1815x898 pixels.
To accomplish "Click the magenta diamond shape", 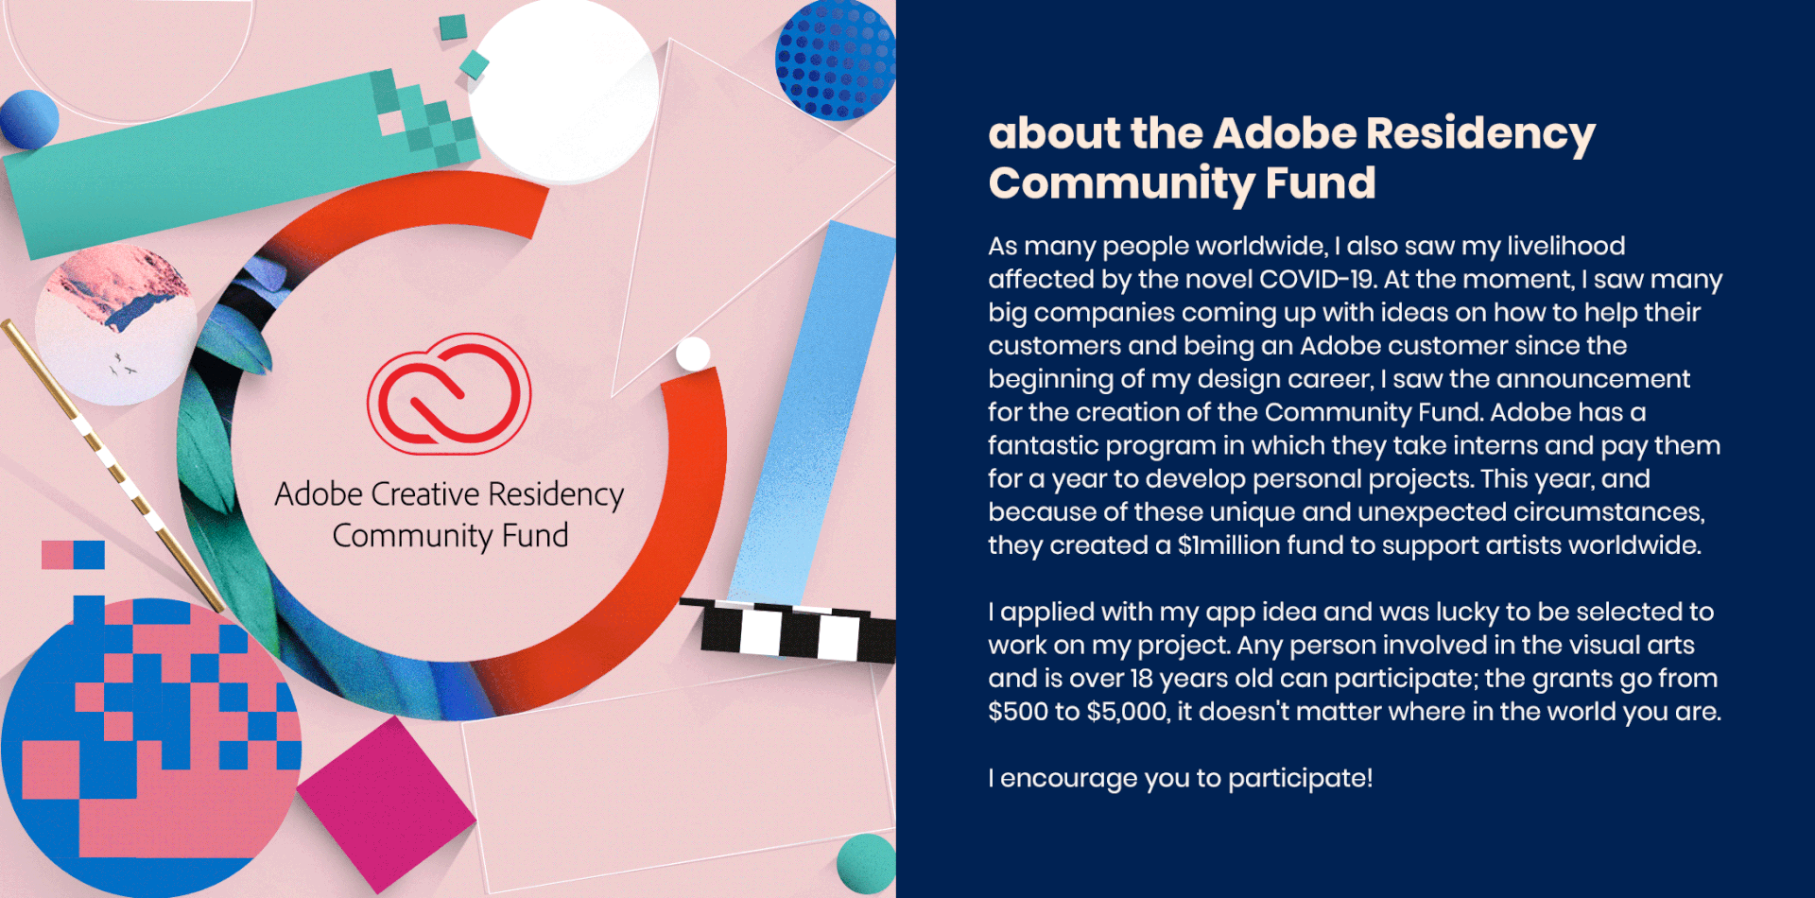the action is [x=386, y=804].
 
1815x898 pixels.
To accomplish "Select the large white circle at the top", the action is [x=563, y=91].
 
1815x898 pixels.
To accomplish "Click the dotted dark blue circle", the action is [x=836, y=59].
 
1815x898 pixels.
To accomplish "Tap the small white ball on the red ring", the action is [x=693, y=354].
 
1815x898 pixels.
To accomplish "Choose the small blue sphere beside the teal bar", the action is [x=29, y=119].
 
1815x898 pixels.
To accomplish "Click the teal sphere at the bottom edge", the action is [x=867, y=863].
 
